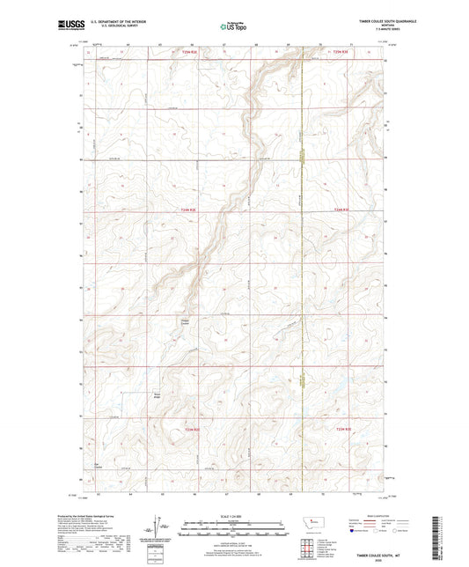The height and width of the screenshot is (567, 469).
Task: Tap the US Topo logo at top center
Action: pos(227,27)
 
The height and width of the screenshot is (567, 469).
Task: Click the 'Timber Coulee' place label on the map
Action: pos(186,320)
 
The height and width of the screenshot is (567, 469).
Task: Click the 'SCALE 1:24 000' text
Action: pos(234,515)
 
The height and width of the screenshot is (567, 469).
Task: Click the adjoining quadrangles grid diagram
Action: pos(316,546)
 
